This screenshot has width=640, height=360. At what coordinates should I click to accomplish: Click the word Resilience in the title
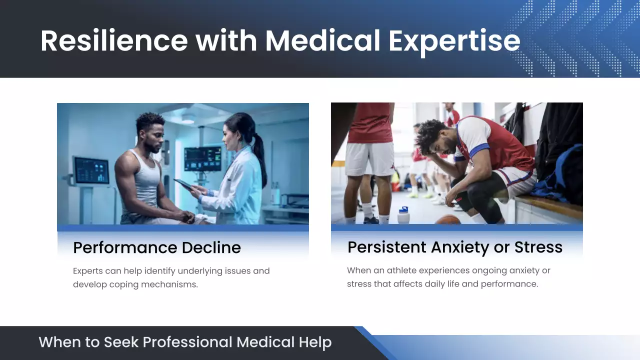[114, 40]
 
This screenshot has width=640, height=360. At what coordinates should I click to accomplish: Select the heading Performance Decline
[156, 247]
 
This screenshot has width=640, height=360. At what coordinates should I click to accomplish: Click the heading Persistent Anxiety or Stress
[454, 247]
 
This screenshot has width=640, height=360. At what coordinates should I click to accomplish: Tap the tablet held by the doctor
[183, 185]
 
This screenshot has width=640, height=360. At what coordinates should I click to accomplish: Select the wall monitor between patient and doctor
[202, 159]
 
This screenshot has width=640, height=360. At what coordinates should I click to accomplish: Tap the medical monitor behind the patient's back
[91, 170]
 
